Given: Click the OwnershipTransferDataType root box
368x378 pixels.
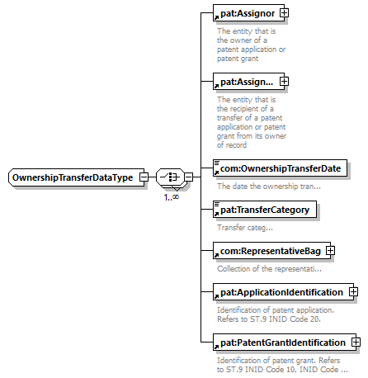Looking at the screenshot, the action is click(76, 177).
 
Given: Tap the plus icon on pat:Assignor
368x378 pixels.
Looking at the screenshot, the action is click(284, 13).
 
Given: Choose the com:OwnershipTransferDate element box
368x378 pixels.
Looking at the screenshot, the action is click(280, 168).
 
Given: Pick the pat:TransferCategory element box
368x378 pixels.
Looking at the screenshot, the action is click(265, 210).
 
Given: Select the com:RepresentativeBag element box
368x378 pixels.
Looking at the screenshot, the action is click(271, 251).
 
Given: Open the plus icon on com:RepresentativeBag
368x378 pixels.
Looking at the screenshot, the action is click(330, 251).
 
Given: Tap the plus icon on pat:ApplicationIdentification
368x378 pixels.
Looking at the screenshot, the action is click(353, 291).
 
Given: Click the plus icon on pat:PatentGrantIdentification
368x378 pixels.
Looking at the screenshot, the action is click(356, 343).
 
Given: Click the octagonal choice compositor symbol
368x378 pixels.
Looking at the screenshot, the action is click(170, 177).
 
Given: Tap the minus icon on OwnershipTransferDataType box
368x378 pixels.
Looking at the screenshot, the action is click(144, 177).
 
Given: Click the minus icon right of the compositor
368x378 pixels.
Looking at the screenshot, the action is click(189, 177).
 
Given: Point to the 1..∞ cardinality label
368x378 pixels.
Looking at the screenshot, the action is click(172, 197).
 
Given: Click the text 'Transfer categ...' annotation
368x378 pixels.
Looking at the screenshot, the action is click(245, 228).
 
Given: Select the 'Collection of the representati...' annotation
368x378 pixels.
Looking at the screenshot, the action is click(269, 268).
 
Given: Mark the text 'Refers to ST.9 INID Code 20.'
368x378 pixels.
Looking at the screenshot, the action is click(269, 319).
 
